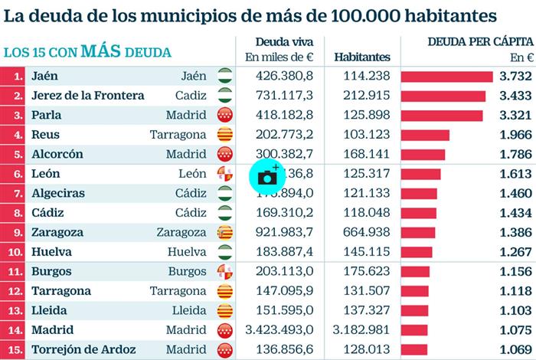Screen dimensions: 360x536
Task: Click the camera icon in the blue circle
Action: (x=266, y=176)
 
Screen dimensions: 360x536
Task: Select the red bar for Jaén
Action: (x=446, y=76)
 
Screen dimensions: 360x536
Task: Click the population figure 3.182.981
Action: (x=362, y=329)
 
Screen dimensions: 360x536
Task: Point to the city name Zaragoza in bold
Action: (x=57, y=231)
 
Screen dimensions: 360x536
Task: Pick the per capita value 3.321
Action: (x=515, y=115)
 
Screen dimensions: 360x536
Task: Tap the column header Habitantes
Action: (x=362, y=57)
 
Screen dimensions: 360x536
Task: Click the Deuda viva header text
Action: (x=278, y=41)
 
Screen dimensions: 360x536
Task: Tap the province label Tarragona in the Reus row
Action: (x=178, y=134)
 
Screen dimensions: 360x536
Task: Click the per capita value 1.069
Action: (x=515, y=349)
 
